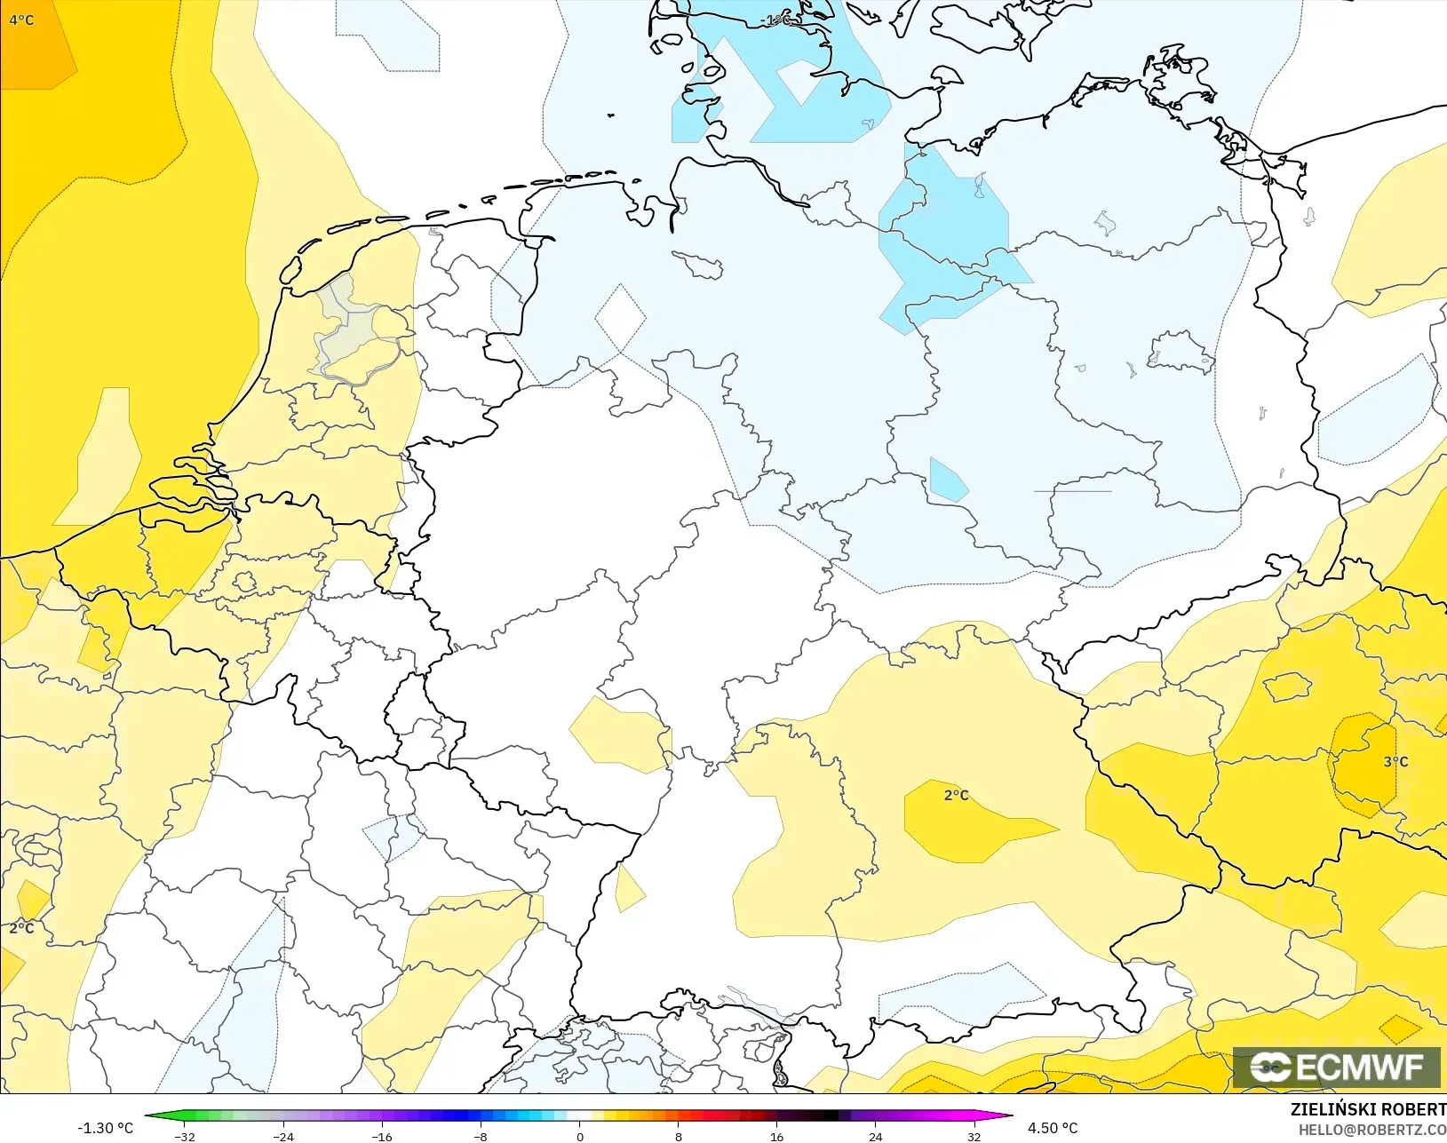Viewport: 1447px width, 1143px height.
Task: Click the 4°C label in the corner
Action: pyautogui.click(x=21, y=20)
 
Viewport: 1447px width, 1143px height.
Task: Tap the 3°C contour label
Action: pyautogui.click(x=1395, y=761)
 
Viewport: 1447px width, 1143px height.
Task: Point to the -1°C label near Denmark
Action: pyautogui.click(x=775, y=20)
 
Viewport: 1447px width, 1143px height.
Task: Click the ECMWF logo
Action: pyautogui.click(x=1336, y=1067)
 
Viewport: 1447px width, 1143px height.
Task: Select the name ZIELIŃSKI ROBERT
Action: pyautogui.click(x=1368, y=1109)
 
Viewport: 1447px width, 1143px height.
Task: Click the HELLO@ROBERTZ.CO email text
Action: pyautogui.click(x=1372, y=1130)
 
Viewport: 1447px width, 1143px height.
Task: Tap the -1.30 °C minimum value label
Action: pyautogui.click(x=105, y=1128)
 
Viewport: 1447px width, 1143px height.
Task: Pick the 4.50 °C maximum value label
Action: pyautogui.click(x=1053, y=1128)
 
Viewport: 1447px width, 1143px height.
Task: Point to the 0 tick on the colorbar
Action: pyautogui.click(x=579, y=1136)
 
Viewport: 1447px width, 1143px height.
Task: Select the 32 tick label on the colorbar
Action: pyautogui.click(x=974, y=1136)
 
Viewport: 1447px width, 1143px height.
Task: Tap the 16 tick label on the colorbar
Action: pyautogui.click(x=776, y=1136)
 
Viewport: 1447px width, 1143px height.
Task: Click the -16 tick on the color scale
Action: pyautogui.click(x=381, y=1136)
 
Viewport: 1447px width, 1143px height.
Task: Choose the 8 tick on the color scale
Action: pyautogui.click(x=678, y=1136)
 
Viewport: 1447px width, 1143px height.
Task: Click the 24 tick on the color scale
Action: pyautogui.click(x=875, y=1136)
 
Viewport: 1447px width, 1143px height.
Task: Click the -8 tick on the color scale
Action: pyautogui.click(x=480, y=1136)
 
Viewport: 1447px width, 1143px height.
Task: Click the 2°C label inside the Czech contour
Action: pyautogui.click(x=956, y=795)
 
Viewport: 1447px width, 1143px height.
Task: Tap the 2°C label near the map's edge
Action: pyautogui.click(x=21, y=928)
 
